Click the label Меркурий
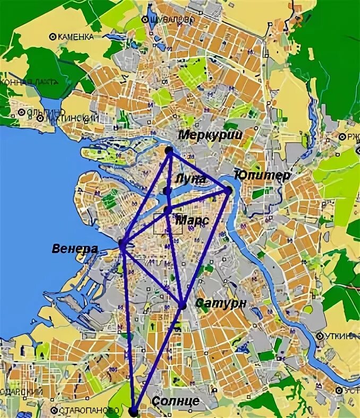click(x=210, y=135)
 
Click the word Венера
click(x=75, y=248)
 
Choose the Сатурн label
click(x=221, y=303)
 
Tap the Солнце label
click(x=176, y=401)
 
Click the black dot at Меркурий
click(x=169, y=151)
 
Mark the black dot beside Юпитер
click(x=229, y=189)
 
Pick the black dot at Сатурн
click(x=183, y=306)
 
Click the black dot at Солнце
click(x=133, y=411)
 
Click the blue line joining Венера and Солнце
click(x=128, y=329)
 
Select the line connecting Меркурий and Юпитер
click(x=199, y=170)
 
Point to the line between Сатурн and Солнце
click(x=158, y=358)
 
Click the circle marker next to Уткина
click(x=320, y=336)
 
